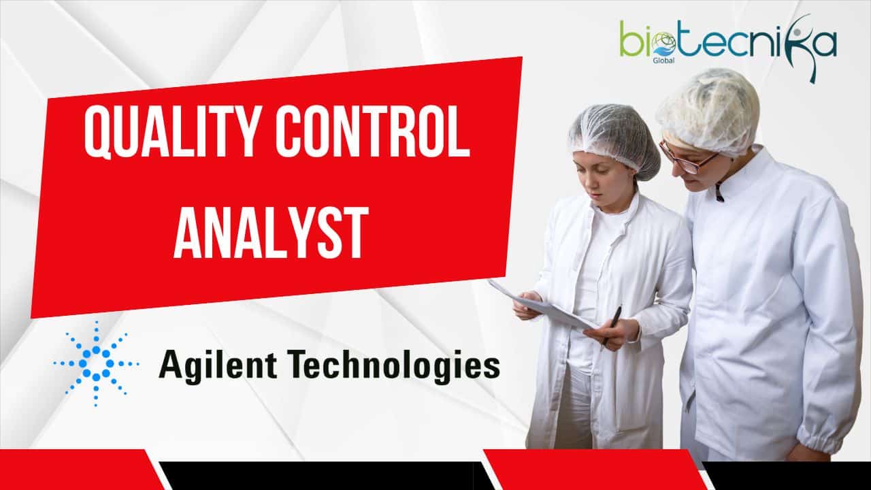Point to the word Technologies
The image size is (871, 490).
coord(399,365)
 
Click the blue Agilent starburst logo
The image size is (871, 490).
coord(96,363)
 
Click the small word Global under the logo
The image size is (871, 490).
coord(663,61)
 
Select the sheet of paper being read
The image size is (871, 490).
coord(544,306)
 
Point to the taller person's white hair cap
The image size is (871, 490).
coord(708,111)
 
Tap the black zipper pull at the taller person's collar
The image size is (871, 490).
coord(719,193)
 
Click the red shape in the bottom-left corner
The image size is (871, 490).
coord(78,470)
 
